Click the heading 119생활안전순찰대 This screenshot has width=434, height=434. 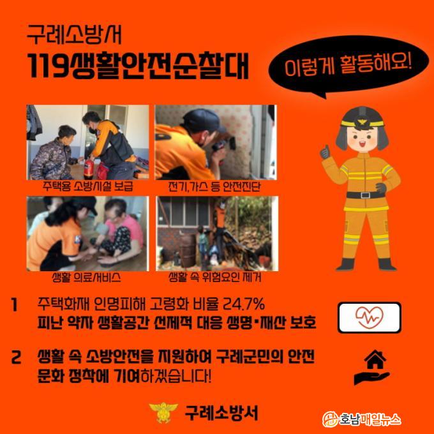(x=138, y=65)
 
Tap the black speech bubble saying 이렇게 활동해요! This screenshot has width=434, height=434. (x=348, y=65)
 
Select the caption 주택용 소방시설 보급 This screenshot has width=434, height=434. (x=87, y=186)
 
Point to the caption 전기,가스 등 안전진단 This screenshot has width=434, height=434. (x=214, y=186)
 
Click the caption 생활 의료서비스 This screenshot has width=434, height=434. (x=86, y=277)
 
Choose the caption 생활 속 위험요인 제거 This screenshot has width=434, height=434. (x=215, y=277)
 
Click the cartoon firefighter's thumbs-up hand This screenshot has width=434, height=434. (x=325, y=153)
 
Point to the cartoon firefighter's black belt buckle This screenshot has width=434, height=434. (x=365, y=195)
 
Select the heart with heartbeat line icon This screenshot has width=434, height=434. (x=370, y=317)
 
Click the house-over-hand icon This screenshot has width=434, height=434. (x=372, y=367)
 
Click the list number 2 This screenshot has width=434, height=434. (x=16, y=357)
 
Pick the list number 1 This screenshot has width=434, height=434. (x=15, y=305)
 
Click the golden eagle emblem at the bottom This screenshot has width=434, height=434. (x=163, y=413)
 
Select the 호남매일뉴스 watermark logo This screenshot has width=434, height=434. (x=361, y=419)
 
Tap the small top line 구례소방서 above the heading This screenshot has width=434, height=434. (x=74, y=35)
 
